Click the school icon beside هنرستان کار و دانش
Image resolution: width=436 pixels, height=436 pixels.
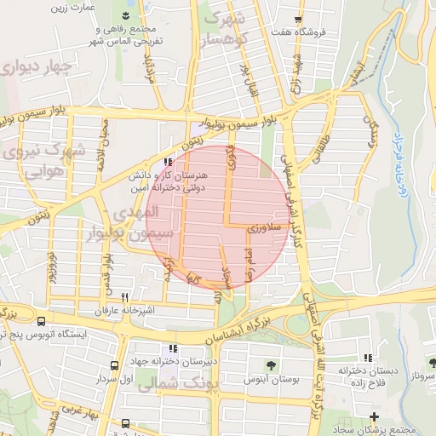click(169, 160)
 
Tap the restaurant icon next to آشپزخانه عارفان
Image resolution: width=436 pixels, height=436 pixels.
click(125, 298)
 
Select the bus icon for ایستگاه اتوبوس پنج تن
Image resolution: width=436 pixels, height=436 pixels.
click(42, 321)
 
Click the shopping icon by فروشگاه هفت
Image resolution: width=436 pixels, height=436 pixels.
click(296, 20)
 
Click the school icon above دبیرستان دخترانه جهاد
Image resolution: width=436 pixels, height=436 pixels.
click(174, 348)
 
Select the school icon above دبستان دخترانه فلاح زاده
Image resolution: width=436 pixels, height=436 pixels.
click(367, 359)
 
